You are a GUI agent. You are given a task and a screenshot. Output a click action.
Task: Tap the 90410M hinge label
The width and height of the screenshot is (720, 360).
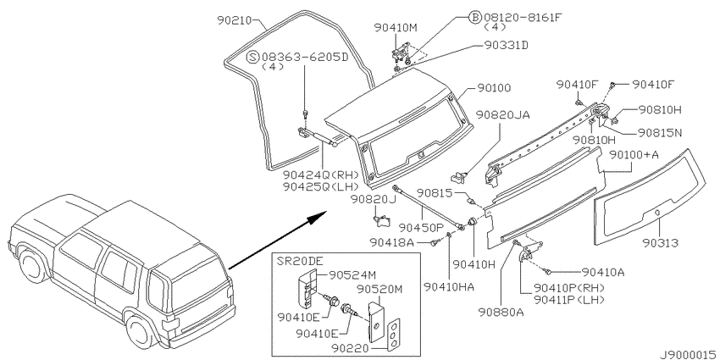(x=396, y=28)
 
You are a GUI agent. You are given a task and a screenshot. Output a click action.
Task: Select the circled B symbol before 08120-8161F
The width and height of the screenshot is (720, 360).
(x=474, y=18)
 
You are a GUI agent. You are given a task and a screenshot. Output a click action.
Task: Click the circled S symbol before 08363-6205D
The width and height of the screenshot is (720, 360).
(x=253, y=57)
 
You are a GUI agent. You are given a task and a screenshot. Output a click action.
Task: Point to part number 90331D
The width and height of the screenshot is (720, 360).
(x=506, y=45)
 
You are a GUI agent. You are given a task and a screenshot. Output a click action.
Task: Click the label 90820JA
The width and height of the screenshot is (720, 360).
(x=503, y=114)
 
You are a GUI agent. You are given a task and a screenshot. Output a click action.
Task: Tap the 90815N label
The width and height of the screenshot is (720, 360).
(x=660, y=133)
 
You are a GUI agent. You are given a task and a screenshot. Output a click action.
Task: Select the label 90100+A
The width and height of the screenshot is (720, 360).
(x=634, y=155)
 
